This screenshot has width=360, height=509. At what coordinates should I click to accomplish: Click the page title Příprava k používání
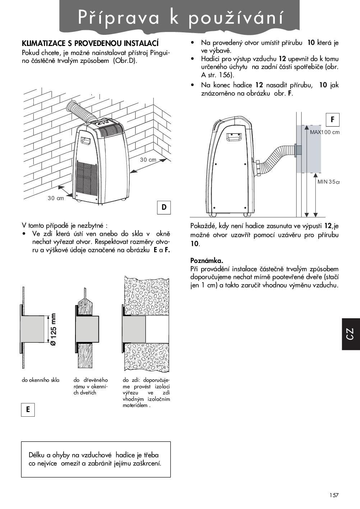pos(180,18)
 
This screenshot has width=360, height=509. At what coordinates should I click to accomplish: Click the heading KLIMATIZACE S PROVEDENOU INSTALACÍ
pos(90,44)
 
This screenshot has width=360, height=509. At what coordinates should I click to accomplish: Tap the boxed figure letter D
pos(164,207)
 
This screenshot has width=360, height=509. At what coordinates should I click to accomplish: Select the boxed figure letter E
pos(28,409)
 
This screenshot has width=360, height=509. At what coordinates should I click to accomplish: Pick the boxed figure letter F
pos(333,120)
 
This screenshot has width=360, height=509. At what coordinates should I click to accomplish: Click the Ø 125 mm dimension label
pos(53,329)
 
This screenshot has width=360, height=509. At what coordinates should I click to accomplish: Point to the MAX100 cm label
pos(324,132)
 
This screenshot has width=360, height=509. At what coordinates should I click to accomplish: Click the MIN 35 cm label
pos(328,182)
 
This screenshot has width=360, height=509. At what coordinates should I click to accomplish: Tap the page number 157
pos(333,495)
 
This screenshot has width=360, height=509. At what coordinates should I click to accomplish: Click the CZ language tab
pos(350,334)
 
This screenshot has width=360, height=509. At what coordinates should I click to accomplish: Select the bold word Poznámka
pos(207,261)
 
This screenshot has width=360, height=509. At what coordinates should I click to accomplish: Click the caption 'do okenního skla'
pos(41,380)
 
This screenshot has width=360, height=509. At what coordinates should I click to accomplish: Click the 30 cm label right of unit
pos(148,159)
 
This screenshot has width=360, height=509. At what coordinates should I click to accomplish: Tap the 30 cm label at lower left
pos(56,198)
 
